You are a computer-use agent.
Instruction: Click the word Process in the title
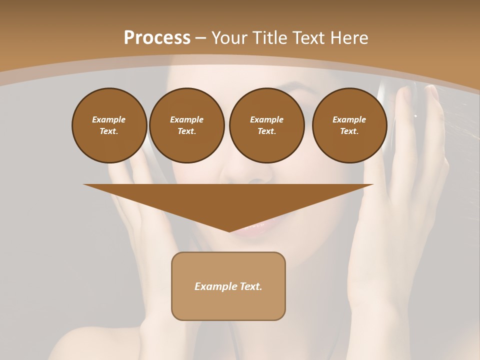(x=157, y=38)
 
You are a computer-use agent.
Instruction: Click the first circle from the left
(x=109, y=125)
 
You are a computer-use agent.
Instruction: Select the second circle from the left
(x=186, y=125)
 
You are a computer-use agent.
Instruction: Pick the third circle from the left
(x=266, y=125)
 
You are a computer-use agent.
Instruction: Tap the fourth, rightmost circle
(x=349, y=125)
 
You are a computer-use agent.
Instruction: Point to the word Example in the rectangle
(x=213, y=286)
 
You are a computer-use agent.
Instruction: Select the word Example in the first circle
(x=109, y=119)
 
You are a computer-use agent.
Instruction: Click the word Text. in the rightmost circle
(x=349, y=131)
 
